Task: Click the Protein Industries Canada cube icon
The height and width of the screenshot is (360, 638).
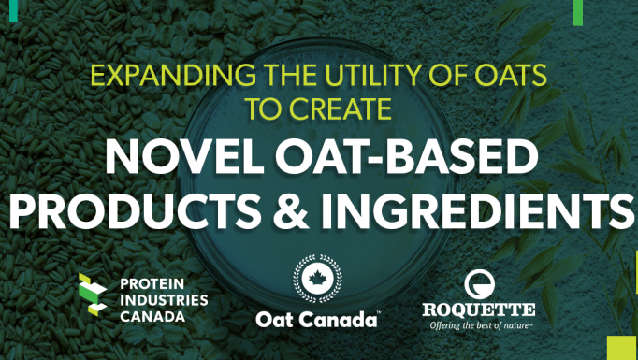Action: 93,295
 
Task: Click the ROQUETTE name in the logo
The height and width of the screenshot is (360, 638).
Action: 478,310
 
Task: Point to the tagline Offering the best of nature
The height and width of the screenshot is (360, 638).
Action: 480,326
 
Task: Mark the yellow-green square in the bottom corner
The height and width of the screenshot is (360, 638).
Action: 622,347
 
